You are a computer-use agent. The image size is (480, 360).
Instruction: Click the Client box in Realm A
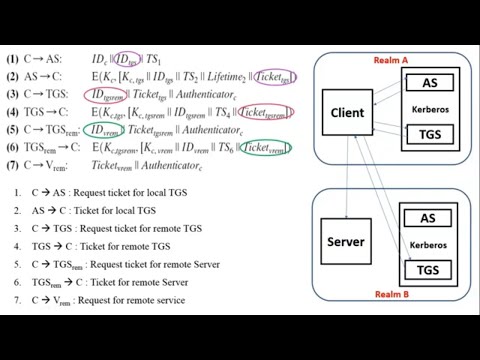coord(347,113)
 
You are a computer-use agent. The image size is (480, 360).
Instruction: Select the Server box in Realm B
coord(346,242)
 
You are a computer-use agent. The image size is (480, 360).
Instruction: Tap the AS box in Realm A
coord(428,82)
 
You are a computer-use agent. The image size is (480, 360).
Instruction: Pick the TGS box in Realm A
coord(428,132)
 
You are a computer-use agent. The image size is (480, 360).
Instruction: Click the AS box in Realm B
coord(428,219)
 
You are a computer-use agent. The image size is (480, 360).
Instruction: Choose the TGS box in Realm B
coord(428,269)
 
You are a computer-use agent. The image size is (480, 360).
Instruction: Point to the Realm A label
coord(390,61)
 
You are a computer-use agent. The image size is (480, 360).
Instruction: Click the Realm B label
coord(390,295)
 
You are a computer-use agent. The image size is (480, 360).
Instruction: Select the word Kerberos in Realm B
coord(428,243)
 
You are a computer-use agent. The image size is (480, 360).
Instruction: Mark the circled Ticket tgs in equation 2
coord(273,78)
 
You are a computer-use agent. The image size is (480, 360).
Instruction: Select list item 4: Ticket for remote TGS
coord(86,246)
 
